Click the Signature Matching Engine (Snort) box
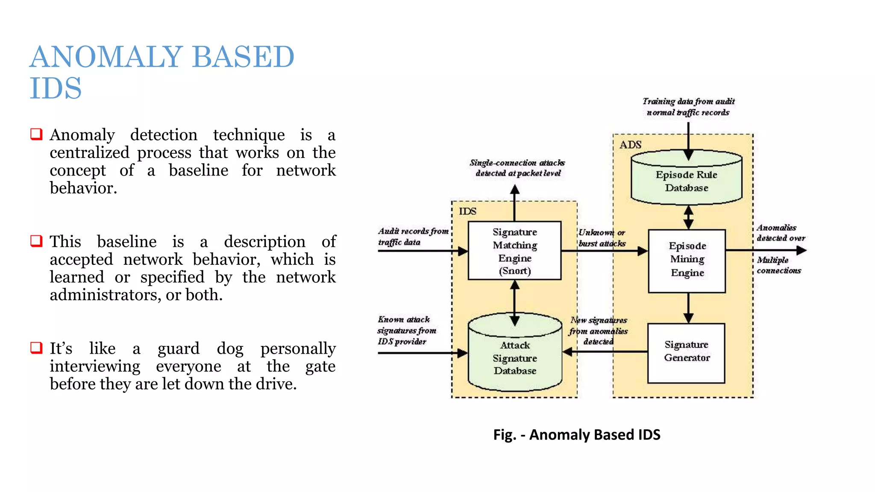click(x=514, y=251)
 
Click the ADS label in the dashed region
click(x=630, y=145)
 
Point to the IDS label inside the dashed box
click(x=467, y=211)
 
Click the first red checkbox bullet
click(x=36, y=134)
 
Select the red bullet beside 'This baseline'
click(x=36, y=241)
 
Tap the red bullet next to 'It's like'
click(x=36, y=348)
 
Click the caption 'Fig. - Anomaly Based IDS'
click(x=576, y=434)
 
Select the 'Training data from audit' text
click(x=688, y=102)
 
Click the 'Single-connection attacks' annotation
click(x=517, y=163)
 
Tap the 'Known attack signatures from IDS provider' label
click(x=406, y=330)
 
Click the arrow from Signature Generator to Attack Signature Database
click(x=607, y=352)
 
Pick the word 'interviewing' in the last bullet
click(x=95, y=366)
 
